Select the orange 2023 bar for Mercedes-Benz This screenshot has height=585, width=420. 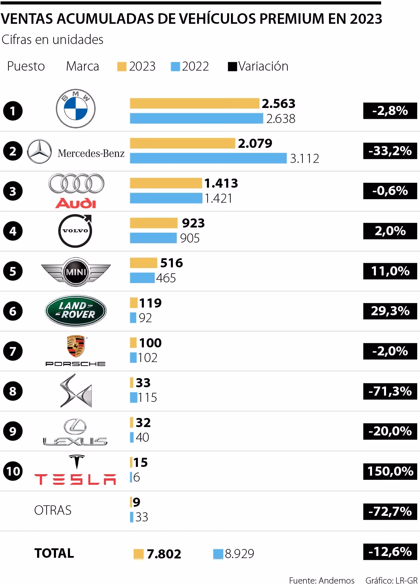[182, 143]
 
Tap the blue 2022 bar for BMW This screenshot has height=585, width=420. [196, 118]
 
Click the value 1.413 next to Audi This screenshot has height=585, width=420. [221, 183]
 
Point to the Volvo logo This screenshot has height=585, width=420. [75, 231]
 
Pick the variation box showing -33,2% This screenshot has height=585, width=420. [390, 151]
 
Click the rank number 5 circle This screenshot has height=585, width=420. [13, 271]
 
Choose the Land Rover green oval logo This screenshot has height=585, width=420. [76, 311]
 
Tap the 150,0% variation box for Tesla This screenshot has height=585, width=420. [390, 471]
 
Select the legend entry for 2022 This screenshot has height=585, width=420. [190, 66]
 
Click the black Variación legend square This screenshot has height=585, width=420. [232, 66]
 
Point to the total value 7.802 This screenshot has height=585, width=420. [164, 554]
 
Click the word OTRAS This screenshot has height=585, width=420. [53, 511]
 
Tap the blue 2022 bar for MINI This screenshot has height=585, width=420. [142, 278]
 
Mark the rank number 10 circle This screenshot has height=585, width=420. [13, 471]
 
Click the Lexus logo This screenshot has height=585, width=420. [75, 432]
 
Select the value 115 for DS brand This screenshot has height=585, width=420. [147, 398]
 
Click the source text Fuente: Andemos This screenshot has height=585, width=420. [321, 580]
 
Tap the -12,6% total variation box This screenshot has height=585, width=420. [390, 551]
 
